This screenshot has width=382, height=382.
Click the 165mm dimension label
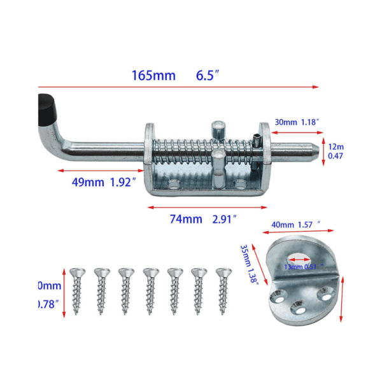pos(153,75)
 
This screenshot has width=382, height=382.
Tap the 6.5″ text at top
pos(208,75)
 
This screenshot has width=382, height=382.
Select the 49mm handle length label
pos(87,182)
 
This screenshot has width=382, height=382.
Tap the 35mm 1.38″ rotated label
pos(249,264)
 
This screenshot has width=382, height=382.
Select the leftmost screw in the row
pos(77,289)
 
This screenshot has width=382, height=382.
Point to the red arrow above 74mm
pos(208,206)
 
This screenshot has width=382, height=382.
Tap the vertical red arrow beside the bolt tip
pos(323,152)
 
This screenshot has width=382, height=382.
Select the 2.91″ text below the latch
pos(224,219)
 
